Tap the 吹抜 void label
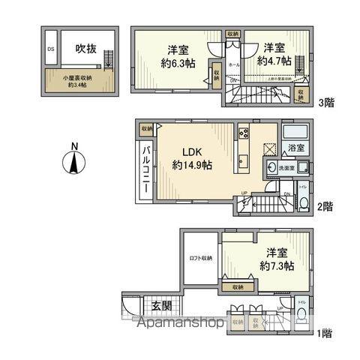pyautogui.click(x=84, y=49)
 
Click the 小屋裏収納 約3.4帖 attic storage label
pyautogui.click(x=78, y=79)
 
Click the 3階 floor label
pyautogui.click(x=325, y=102)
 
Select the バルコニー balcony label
pyautogui.click(x=146, y=167)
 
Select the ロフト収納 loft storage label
pyautogui.click(x=199, y=258)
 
